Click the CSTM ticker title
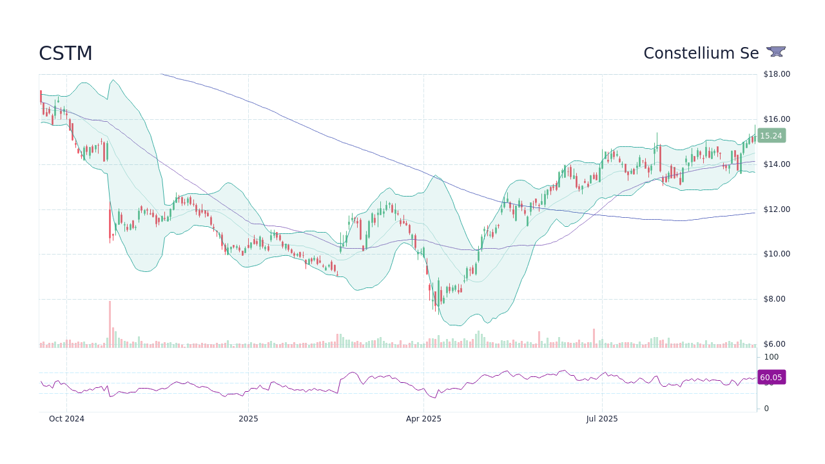[x=66, y=53]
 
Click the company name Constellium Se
[x=701, y=53]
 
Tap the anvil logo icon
[x=776, y=52]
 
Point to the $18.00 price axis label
[x=777, y=74]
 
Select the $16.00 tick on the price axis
[x=777, y=119]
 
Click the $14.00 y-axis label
[x=777, y=164]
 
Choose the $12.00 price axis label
[x=777, y=209]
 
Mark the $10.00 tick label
[x=777, y=254]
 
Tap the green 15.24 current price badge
[x=771, y=136]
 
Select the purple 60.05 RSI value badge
[x=771, y=378]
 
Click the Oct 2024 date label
[x=66, y=419]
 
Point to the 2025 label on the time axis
[x=248, y=419]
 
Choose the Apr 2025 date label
[x=423, y=419]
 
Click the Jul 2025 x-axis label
[x=602, y=419]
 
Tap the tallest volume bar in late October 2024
[x=110, y=324]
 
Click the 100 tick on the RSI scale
[x=771, y=357]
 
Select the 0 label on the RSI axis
[x=766, y=409]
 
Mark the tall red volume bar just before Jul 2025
[x=594, y=338]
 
